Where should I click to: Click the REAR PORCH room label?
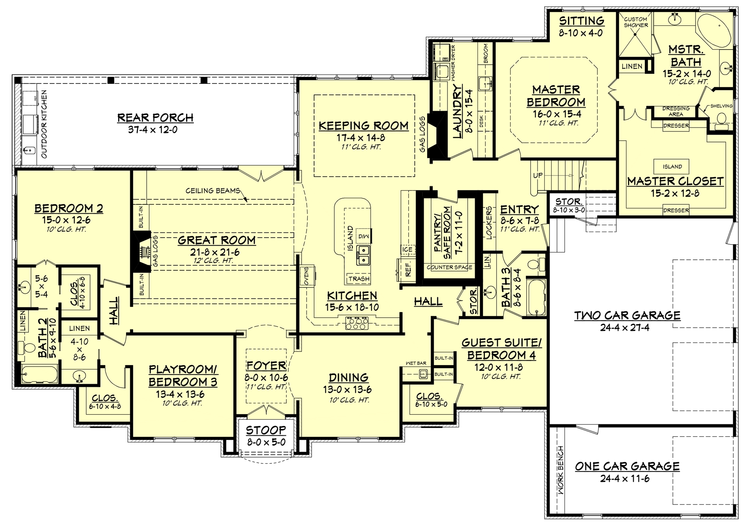coord(155,118)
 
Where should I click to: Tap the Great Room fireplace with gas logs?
coord(143,252)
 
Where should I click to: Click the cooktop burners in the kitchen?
coord(357,324)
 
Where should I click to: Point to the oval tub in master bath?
coord(714,31)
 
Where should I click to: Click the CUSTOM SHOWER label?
coord(635,22)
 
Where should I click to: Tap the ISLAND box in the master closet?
coord(672,167)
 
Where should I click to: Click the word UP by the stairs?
coord(538,176)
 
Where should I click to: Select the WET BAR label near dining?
coord(416,363)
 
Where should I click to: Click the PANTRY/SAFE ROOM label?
coord(442,232)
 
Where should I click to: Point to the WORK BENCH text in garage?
coord(561,470)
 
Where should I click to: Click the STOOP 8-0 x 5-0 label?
coord(266,436)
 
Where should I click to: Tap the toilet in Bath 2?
coord(28,348)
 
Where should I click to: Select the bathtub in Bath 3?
coord(536,297)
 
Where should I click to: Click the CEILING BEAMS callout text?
coord(213,191)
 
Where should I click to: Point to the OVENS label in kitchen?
coord(306,276)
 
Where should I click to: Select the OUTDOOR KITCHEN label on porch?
coord(44,124)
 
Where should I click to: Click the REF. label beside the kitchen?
coord(408,269)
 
